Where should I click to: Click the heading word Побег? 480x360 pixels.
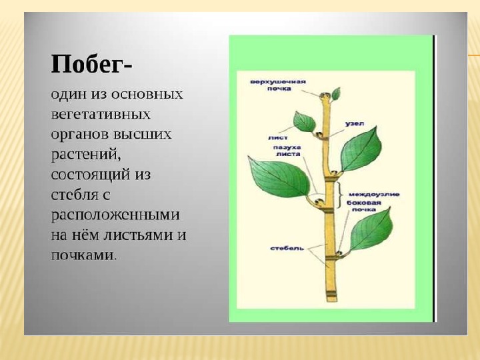coord(87,65)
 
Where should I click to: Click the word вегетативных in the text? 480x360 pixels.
coord(101,115)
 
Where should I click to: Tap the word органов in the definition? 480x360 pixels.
coord(79,135)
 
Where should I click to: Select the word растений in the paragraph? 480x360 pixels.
coord(86,155)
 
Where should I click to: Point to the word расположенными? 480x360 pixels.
coord(115,215)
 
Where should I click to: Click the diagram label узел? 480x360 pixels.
coord(355,124)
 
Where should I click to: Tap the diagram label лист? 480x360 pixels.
coord(277,138)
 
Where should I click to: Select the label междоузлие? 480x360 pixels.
coord(374,195)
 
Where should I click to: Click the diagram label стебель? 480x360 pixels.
coord(287,248)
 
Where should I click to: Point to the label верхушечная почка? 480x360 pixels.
coord(278,85)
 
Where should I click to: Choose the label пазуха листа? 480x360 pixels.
coord(287,151)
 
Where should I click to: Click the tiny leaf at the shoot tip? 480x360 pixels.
coord(336,94)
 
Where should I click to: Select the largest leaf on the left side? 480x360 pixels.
coord(279,177)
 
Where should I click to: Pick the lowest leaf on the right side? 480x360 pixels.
coord(371,229)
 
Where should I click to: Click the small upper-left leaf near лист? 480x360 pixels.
coord(304,122)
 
